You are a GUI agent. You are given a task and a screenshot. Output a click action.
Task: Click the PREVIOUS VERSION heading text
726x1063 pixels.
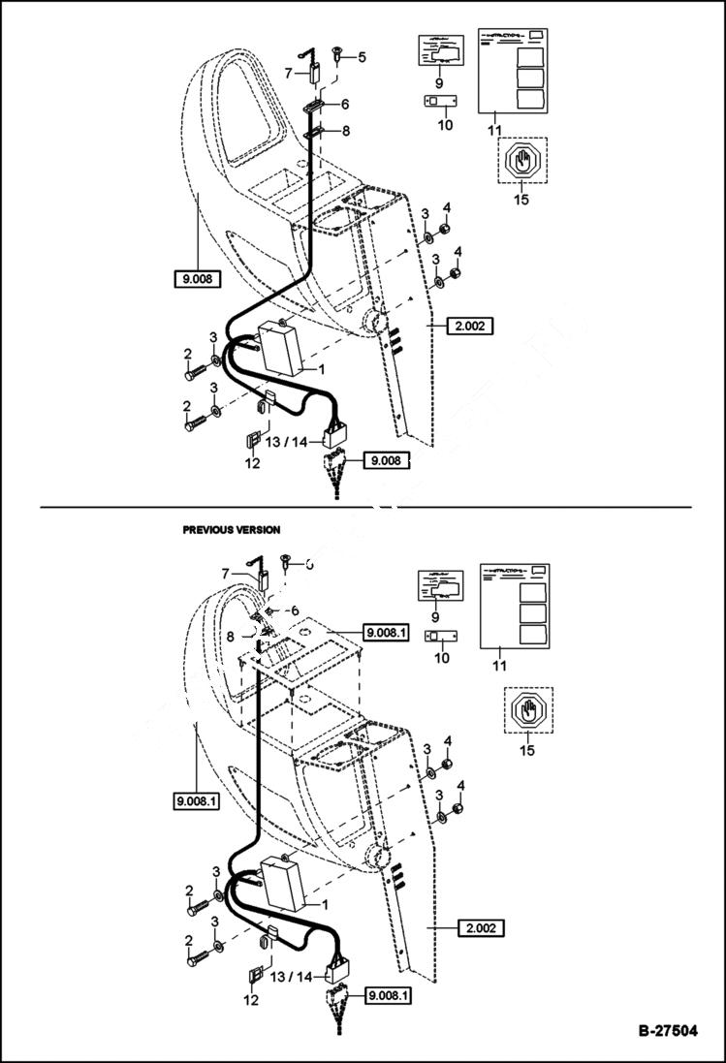[x=232, y=530]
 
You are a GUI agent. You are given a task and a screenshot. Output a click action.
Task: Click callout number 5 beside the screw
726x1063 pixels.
[x=362, y=57]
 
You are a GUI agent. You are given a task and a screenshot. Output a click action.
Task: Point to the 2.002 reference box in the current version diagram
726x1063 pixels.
[x=470, y=326]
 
